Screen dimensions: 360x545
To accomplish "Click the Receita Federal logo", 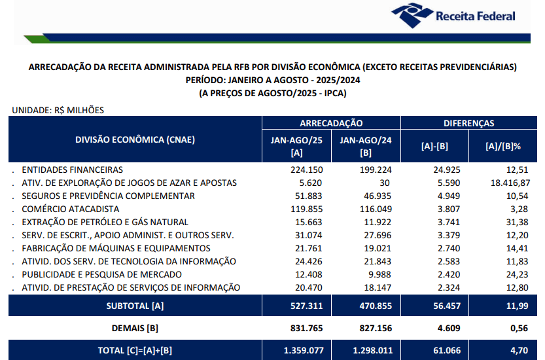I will click(x=453, y=16).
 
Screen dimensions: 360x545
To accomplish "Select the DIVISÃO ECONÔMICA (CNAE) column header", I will click(x=135, y=139).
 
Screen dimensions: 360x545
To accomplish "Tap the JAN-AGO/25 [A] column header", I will click(x=296, y=146).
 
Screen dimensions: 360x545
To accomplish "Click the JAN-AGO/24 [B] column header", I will click(x=366, y=146).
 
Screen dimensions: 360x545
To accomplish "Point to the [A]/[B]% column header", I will click(x=502, y=146).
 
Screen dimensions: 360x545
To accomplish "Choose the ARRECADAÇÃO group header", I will click(x=331, y=123).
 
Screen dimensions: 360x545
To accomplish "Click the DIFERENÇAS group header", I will click(x=468, y=123).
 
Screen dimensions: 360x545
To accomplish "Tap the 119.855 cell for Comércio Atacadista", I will click(x=306, y=209).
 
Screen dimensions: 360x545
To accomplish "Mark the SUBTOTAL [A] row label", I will click(x=135, y=306).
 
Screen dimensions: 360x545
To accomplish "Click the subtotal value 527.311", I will click(x=304, y=306).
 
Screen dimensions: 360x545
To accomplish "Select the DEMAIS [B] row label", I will click(x=135, y=328).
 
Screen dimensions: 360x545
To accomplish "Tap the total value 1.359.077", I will click(x=304, y=350).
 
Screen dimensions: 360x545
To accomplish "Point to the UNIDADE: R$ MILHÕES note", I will click(x=58, y=110).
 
